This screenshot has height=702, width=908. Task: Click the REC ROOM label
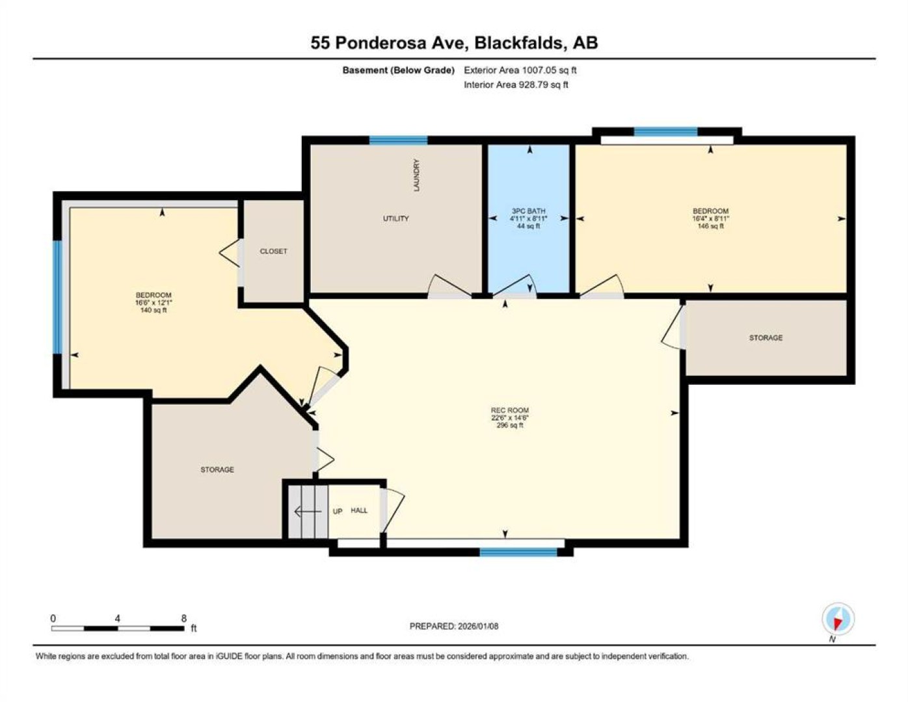(x=509, y=410)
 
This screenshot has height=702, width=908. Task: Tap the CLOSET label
(x=273, y=251)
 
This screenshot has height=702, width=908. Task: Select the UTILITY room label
(x=395, y=218)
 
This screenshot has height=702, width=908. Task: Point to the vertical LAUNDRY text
(x=416, y=175)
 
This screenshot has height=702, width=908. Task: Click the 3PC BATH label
(x=529, y=211)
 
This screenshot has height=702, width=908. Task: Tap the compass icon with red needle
(x=838, y=619)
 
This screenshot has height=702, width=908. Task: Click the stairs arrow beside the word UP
(x=308, y=511)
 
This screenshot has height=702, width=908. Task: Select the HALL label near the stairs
(x=359, y=510)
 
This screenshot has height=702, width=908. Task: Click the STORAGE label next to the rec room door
(x=766, y=337)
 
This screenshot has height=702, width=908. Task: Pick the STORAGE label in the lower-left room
(x=217, y=469)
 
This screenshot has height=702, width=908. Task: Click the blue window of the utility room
(x=398, y=140)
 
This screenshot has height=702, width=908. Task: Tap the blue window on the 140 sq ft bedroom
(x=58, y=297)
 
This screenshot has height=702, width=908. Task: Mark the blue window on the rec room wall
(x=518, y=552)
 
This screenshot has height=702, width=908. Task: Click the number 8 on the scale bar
(x=183, y=619)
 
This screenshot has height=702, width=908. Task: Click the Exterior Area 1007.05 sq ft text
(x=520, y=70)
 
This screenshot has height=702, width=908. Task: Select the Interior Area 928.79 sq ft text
(x=516, y=84)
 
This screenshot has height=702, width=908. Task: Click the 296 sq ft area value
(x=509, y=425)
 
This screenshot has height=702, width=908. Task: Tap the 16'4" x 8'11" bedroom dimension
(x=710, y=218)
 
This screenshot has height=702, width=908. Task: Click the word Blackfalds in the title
(x=519, y=43)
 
